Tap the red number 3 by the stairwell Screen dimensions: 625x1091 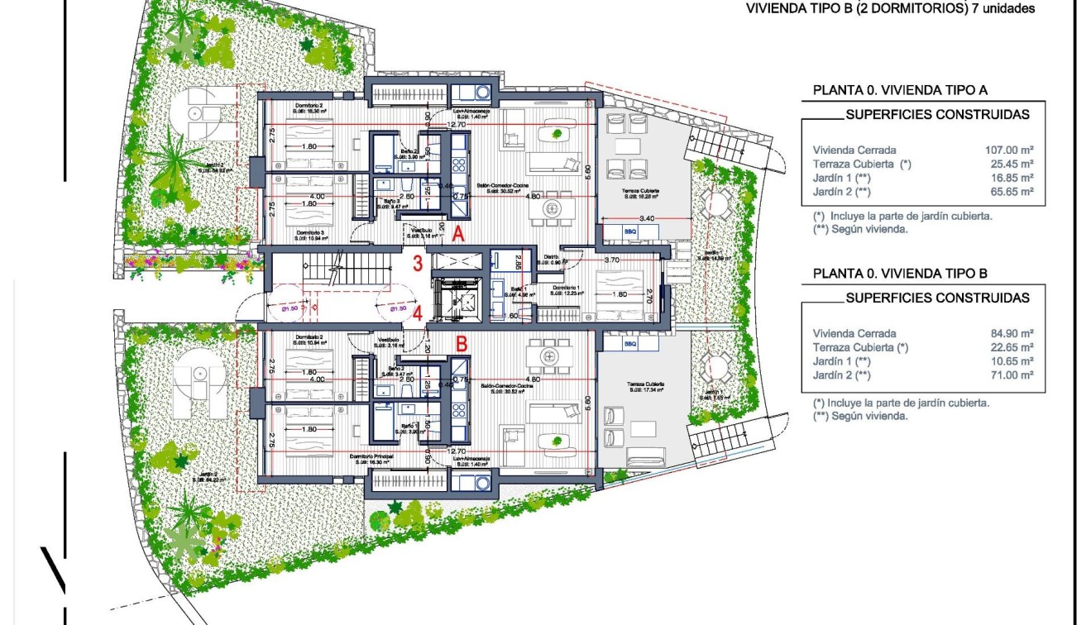(419, 265)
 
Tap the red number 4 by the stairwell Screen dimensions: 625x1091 (419, 313)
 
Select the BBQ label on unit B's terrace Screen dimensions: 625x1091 (630, 343)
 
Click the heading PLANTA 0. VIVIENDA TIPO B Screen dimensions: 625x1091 (901, 274)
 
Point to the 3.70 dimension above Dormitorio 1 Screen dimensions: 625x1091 (612, 260)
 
